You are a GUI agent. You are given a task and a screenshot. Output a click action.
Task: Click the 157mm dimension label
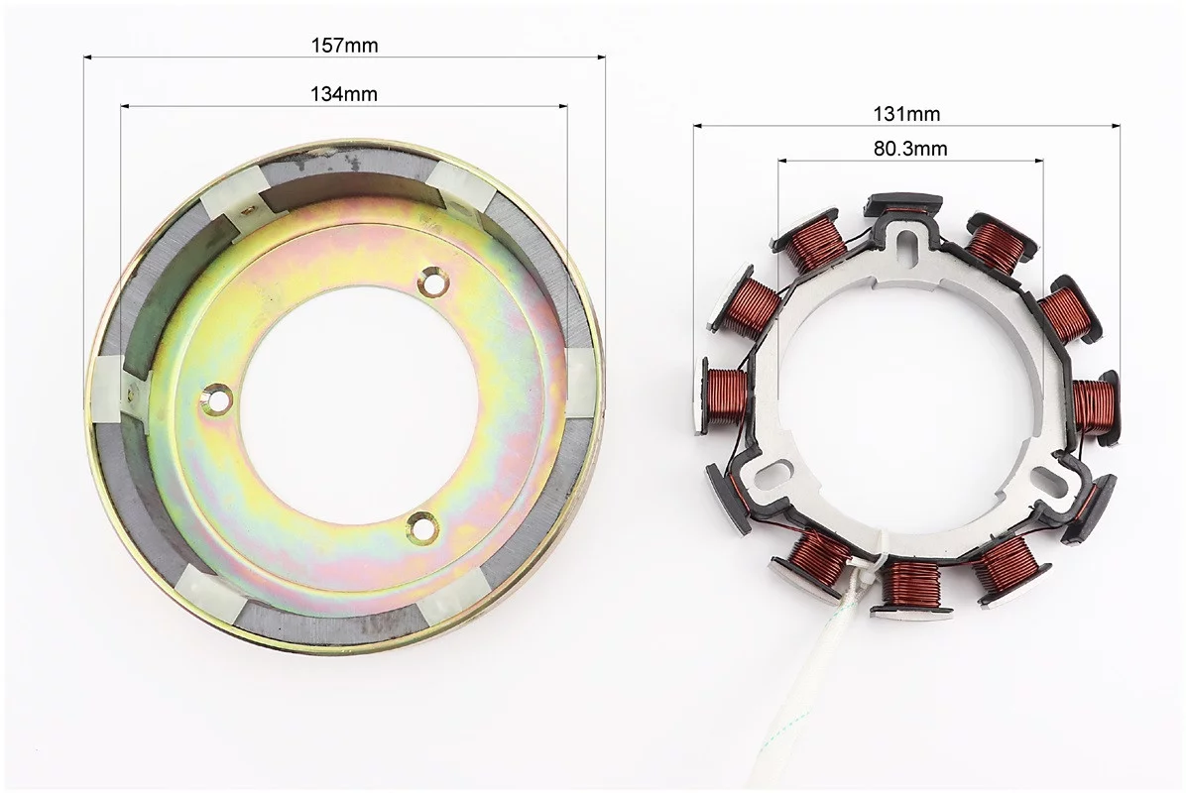pos(344,46)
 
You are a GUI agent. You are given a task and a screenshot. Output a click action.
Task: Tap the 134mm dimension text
pos(343,94)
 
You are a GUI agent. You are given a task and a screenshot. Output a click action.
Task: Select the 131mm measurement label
pos(907,114)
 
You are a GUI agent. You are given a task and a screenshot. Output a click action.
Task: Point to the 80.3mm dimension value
pos(910,149)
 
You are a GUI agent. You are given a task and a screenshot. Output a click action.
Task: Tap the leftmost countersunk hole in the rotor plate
pos(219,398)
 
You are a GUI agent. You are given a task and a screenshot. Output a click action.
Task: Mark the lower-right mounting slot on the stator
pos(1048,478)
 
